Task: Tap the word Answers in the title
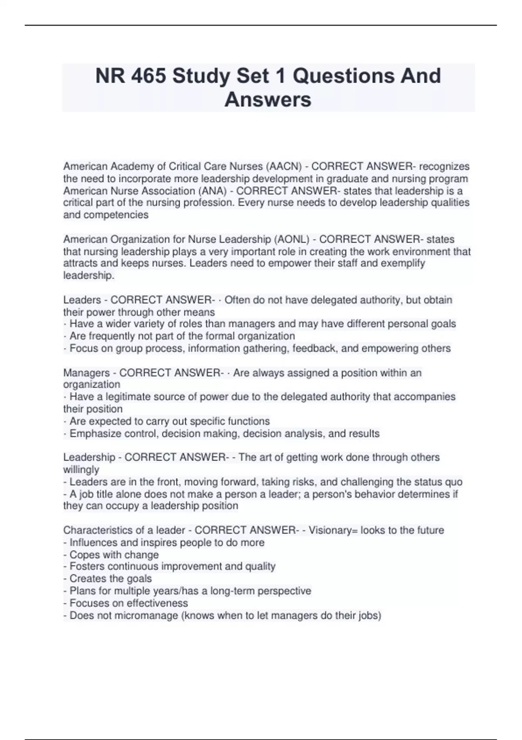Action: click(268, 99)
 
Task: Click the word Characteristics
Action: click(95, 530)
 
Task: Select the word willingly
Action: click(81, 470)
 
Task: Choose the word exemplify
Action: click(403, 263)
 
